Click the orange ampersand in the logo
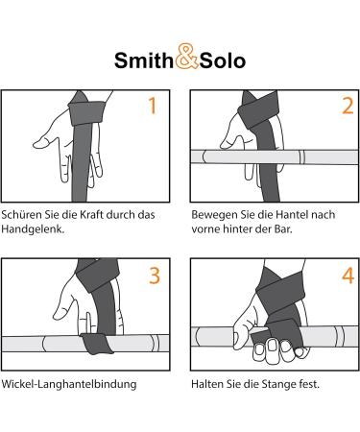pos(187,57)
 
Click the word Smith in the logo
pos(144,60)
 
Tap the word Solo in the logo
pos(223,60)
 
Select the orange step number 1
pos(153,106)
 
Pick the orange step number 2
pos(348,106)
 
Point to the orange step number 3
pos(155,276)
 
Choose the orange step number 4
pos(348,276)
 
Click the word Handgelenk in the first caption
pos(33,229)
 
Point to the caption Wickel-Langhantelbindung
pos(69,384)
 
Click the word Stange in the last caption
pos(279,384)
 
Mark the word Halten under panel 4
pos(204,384)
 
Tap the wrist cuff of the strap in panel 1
pos(86,112)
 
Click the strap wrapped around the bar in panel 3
pos(96,343)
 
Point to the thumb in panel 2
pos(232,141)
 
